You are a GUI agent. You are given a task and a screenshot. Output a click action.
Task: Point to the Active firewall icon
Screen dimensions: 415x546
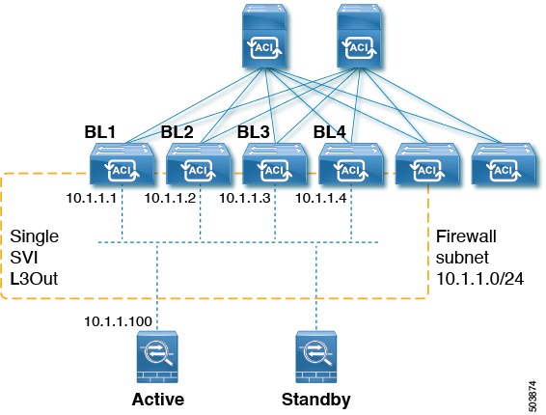pos(154,356)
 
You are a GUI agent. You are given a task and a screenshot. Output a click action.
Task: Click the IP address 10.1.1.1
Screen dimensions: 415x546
pos(91,198)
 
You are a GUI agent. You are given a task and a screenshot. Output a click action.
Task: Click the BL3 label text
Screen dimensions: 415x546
pos(254,131)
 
